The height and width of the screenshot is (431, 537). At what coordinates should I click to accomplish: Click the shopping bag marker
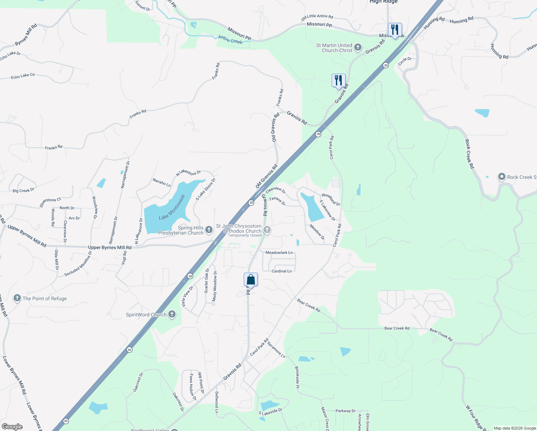click(251, 280)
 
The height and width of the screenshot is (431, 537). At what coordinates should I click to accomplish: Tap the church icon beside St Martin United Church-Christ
click(358, 47)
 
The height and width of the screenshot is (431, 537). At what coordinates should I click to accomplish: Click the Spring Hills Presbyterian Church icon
click(209, 230)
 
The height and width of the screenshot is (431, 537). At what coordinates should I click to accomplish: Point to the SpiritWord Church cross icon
click(172, 315)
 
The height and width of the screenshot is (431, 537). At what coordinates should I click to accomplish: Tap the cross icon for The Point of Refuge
click(17, 298)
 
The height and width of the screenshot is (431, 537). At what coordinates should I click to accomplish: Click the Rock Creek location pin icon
click(501, 177)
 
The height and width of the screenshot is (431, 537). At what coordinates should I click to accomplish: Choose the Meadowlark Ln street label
click(279, 252)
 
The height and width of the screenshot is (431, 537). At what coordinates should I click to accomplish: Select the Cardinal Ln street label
click(281, 271)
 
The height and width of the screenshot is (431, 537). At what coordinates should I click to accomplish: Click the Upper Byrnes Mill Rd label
click(110, 247)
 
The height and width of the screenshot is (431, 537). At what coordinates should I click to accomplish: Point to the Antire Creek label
click(230, 40)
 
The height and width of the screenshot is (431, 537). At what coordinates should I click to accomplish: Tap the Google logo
click(12, 426)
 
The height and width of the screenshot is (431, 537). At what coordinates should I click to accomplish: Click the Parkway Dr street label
click(345, 411)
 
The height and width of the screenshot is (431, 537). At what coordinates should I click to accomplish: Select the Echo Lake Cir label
click(23, 76)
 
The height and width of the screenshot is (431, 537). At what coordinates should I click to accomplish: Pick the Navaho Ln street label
click(162, 182)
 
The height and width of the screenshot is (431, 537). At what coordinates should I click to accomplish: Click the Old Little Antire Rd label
click(317, 17)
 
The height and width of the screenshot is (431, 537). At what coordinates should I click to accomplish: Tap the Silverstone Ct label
click(50, 202)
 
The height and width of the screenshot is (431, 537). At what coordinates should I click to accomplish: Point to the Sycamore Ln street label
click(276, 350)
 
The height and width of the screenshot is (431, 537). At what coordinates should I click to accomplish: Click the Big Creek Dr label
click(23, 190)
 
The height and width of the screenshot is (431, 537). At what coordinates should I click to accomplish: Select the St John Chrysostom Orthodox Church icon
click(267, 230)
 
